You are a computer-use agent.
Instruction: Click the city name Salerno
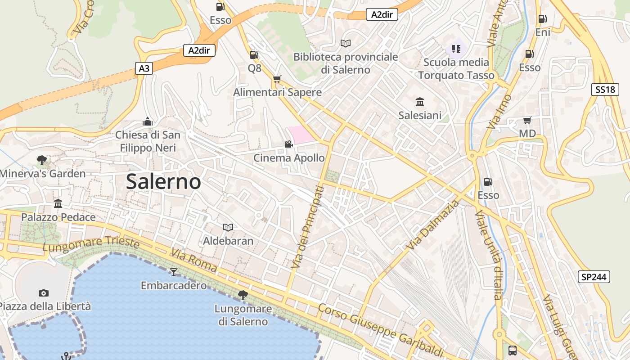coord(163,181)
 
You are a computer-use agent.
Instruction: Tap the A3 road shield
coord(144,68)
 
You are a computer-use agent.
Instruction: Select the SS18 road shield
coord(605,90)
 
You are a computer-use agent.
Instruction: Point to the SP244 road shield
coord(594,277)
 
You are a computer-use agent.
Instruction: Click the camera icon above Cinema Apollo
coord(288,144)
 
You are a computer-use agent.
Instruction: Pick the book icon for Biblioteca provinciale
coord(346,43)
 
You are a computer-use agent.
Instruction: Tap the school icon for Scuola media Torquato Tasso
coord(456,49)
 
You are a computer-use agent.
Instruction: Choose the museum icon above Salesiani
coord(420,102)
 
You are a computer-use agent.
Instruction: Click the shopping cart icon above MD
coord(527,120)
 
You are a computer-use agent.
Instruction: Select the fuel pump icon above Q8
coord(254,55)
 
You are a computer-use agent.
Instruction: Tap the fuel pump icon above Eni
coord(543,19)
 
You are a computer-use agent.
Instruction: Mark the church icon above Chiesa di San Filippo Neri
coord(148,121)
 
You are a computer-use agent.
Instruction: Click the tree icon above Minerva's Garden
coord(42,160)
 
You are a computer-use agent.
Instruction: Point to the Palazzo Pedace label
coord(58,217)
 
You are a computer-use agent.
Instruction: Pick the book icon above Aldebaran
coord(228,227)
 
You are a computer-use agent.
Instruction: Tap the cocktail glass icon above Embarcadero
coord(174,272)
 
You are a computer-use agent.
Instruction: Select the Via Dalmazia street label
coord(432,225)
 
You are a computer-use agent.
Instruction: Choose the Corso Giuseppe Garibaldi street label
coord(380,330)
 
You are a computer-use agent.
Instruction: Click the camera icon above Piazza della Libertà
coord(43,293)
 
